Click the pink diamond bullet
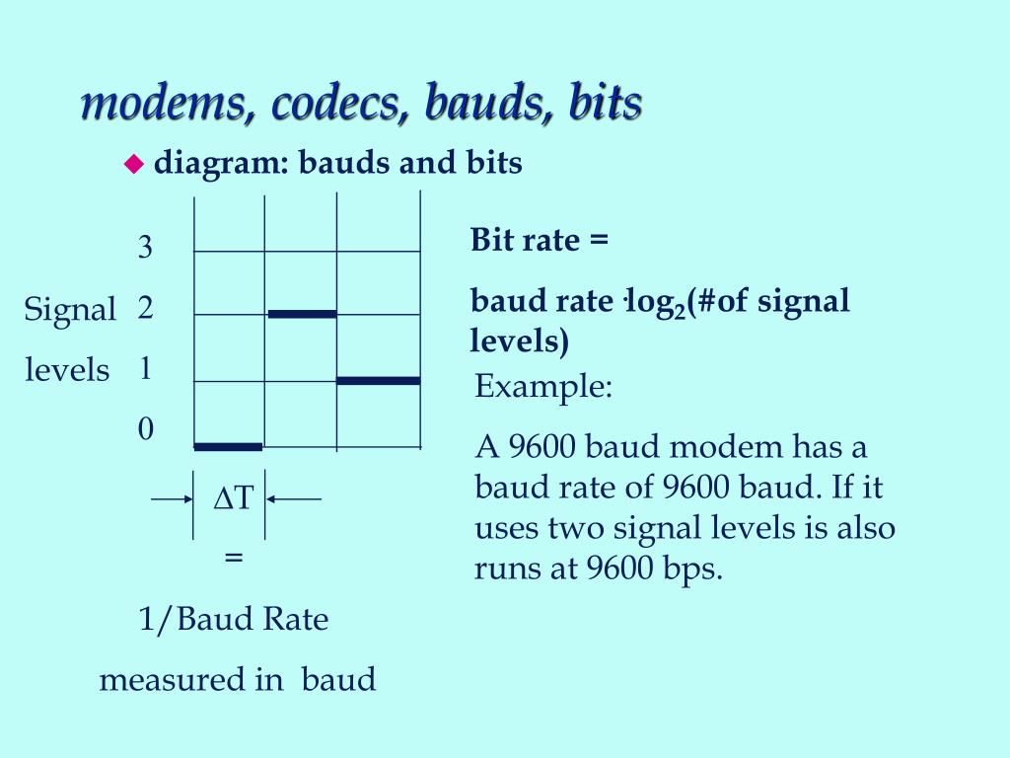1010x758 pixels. click(x=133, y=165)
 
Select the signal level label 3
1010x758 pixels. click(x=145, y=247)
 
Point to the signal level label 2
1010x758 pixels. click(x=146, y=309)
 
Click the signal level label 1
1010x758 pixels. click(x=145, y=369)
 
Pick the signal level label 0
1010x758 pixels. click(x=146, y=428)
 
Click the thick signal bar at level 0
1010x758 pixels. click(x=228, y=447)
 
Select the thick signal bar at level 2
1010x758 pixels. click(x=302, y=314)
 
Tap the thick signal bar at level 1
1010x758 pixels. click(x=378, y=380)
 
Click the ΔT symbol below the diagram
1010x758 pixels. click(x=234, y=499)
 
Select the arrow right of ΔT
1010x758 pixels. click(x=295, y=499)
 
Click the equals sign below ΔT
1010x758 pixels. click(x=234, y=557)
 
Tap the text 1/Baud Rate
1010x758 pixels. click(x=233, y=620)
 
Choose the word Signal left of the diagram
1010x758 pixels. click(x=70, y=310)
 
